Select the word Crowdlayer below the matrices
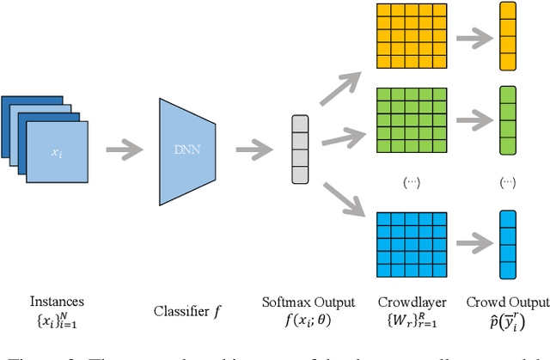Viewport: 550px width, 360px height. (406, 302)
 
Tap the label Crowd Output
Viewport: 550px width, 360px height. (507, 302)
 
